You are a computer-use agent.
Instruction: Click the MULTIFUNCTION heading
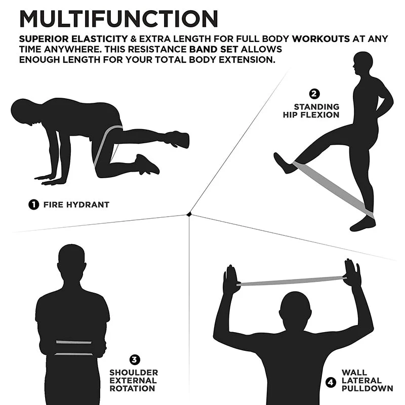click(x=118, y=19)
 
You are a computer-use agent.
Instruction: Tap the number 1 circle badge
click(x=33, y=205)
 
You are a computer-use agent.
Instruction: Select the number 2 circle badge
click(x=314, y=94)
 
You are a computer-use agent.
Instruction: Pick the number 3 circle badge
click(x=135, y=359)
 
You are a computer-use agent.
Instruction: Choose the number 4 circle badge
click(x=331, y=382)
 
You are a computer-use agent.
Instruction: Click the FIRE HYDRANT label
click(x=76, y=205)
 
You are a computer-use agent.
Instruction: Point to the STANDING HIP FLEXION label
click(x=311, y=111)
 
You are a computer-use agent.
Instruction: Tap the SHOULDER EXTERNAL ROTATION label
click(x=134, y=381)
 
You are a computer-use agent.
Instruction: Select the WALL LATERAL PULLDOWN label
click(x=367, y=381)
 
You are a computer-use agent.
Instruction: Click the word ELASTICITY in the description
click(x=99, y=39)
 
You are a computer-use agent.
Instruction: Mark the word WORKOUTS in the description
click(x=321, y=39)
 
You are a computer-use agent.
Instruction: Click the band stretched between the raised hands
click(x=292, y=281)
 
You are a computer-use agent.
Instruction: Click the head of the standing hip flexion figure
click(x=362, y=63)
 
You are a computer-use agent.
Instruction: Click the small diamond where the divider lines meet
click(x=189, y=214)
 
